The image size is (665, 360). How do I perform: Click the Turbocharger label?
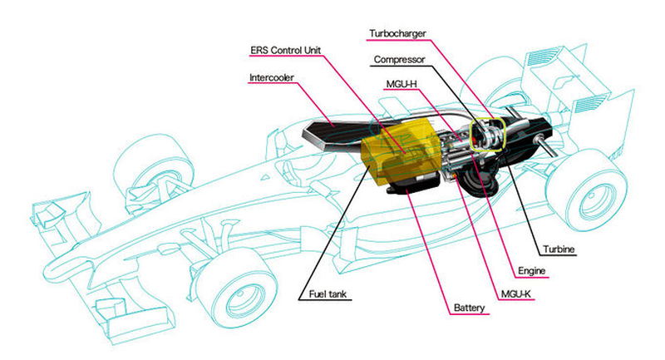point(397,33)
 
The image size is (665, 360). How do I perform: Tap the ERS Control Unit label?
point(285,50)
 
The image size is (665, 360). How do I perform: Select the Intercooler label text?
point(272,77)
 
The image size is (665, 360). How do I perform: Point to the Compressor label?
point(399,60)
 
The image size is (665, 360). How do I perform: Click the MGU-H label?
point(401,84)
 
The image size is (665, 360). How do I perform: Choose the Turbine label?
point(559,249)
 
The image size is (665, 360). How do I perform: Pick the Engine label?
point(532,271)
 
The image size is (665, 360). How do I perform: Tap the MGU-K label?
point(516,293)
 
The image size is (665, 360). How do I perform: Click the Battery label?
point(469,308)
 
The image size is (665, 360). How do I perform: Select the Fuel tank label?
point(328,293)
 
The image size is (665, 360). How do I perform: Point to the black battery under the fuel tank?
point(411,185)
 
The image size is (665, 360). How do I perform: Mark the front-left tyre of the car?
point(153,169)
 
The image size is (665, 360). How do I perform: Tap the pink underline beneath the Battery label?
point(470,314)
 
